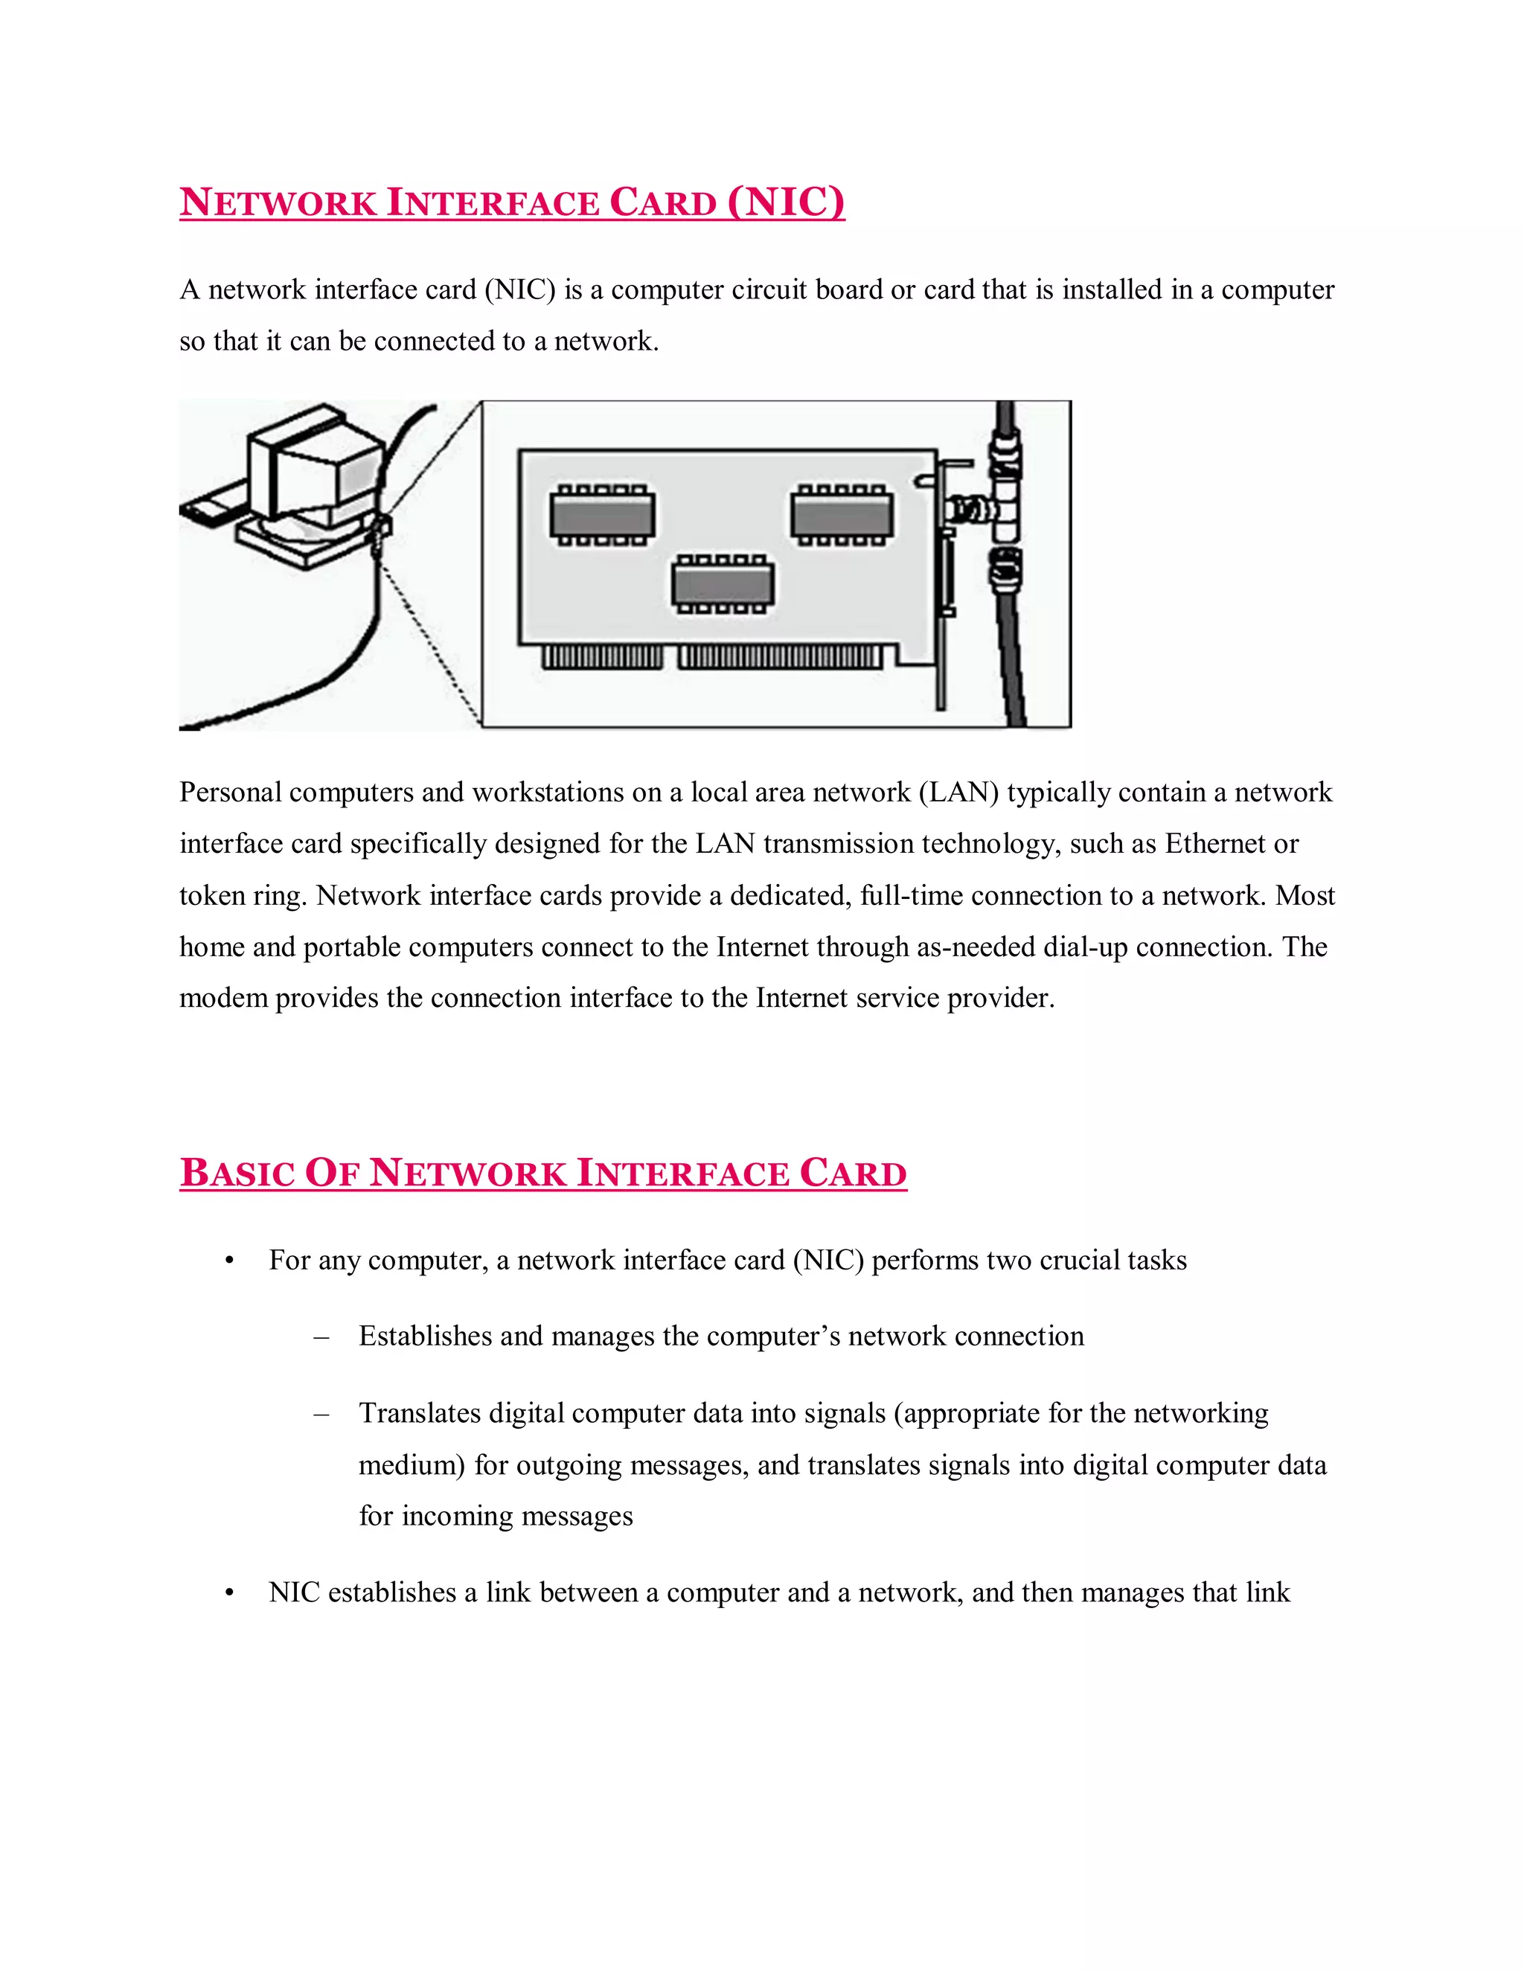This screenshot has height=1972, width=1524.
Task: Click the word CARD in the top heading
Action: [x=663, y=202]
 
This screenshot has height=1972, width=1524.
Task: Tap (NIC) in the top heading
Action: [x=786, y=202]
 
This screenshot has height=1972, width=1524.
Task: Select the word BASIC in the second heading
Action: [x=237, y=1173]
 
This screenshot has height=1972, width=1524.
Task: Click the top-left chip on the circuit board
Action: [x=601, y=516]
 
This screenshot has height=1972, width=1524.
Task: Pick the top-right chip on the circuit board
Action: [x=842, y=516]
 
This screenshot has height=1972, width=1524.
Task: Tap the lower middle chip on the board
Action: [x=723, y=584]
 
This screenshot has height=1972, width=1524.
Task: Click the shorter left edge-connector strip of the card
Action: [x=601, y=656]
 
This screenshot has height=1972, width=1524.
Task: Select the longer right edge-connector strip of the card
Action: [x=780, y=656]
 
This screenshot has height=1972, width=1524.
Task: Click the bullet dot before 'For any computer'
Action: [x=229, y=1261]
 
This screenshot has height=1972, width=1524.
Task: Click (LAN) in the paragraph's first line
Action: [x=958, y=793]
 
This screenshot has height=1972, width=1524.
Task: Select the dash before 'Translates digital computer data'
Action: [x=321, y=1414]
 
